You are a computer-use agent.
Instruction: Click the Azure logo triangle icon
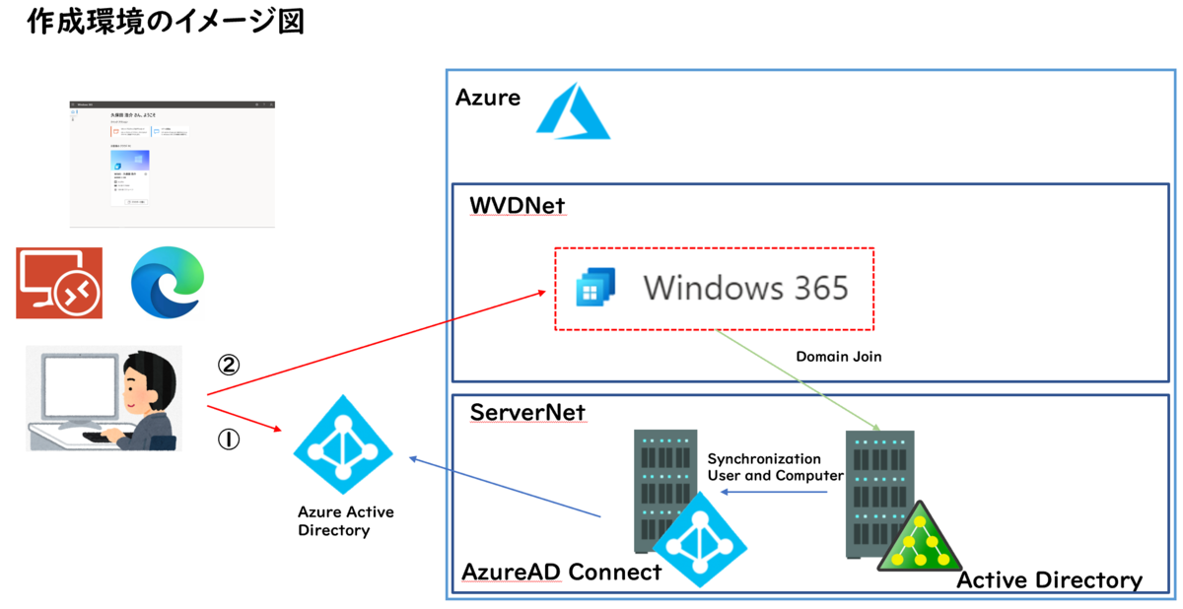point(575,109)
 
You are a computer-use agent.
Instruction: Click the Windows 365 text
point(745,288)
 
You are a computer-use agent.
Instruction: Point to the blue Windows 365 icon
point(596,287)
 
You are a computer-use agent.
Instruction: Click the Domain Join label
point(838,357)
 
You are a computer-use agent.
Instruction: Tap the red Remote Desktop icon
point(59,283)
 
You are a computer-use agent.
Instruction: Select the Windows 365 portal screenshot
point(173,163)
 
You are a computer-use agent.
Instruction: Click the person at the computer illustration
point(104,398)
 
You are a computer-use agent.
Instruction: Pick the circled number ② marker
point(228,365)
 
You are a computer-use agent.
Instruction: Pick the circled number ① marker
point(228,440)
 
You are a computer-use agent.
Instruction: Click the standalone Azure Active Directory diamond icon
point(343,445)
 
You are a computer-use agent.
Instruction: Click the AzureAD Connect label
point(562,572)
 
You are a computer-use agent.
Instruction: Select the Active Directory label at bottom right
point(1049,579)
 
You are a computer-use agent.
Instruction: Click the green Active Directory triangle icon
point(920,539)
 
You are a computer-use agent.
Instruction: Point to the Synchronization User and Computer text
point(776,467)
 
